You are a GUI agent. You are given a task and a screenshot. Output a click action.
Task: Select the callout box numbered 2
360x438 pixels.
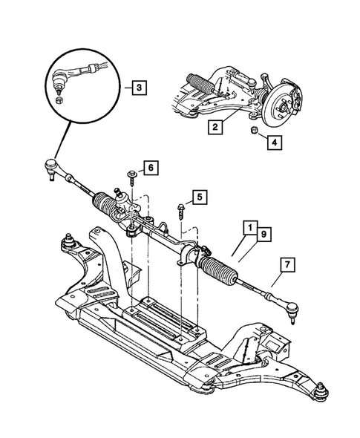point(214,128)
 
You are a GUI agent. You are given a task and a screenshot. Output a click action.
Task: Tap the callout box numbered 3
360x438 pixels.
point(139,88)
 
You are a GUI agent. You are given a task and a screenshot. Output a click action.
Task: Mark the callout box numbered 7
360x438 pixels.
point(287,264)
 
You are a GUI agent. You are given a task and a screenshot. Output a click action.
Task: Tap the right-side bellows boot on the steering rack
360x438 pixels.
point(221,265)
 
